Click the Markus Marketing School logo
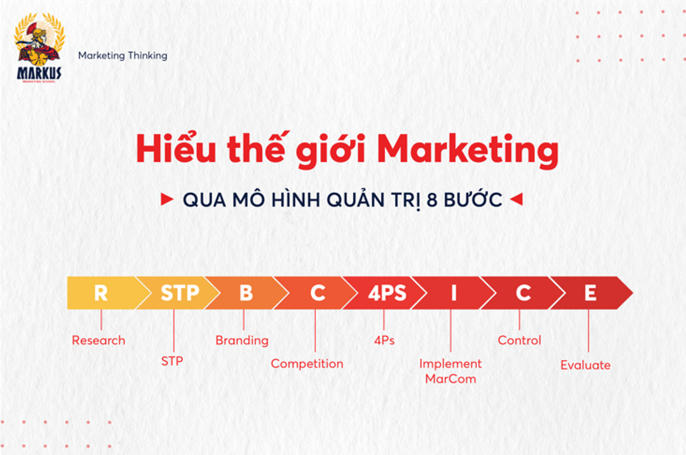point(39,47)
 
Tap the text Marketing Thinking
point(123,56)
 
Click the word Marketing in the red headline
point(467,150)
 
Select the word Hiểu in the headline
point(176,148)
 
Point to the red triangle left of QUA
point(166,199)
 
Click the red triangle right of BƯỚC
point(516,199)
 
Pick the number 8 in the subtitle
point(432,200)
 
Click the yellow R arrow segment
point(105,293)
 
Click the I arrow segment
point(454,293)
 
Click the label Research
point(99,340)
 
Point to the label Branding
point(242,341)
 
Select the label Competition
point(307,363)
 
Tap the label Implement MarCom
point(451,371)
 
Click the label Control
point(520,340)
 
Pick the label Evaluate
point(585,365)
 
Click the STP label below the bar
point(172,361)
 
